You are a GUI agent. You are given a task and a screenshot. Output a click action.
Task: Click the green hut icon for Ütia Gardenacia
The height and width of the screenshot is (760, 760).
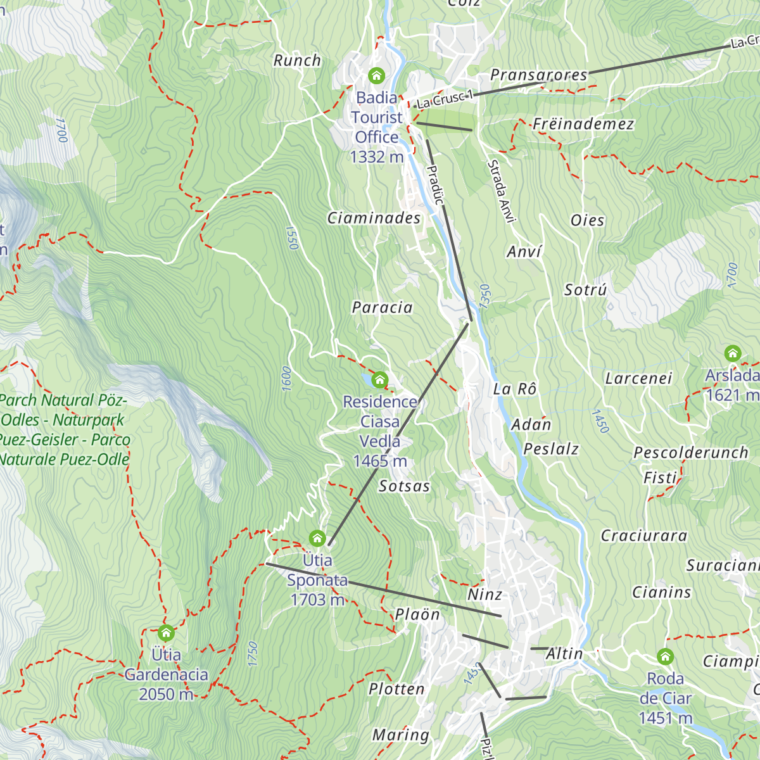pyautogui.click(x=166, y=633)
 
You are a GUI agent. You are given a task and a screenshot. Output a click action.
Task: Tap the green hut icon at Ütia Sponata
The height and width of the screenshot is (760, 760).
pyautogui.click(x=317, y=538)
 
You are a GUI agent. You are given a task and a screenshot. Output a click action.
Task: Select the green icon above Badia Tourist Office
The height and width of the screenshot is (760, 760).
pyautogui.click(x=377, y=76)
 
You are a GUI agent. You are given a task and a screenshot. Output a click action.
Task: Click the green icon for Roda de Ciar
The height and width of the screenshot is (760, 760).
pyautogui.click(x=665, y=656)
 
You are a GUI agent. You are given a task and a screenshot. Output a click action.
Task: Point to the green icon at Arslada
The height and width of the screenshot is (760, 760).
pyautogui.click(x=733, y=353)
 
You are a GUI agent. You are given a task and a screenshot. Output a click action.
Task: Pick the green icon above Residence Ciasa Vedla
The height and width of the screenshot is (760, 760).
pyautogui.click(x=379, y=379)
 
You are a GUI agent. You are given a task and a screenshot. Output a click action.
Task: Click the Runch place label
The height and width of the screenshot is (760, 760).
pyautogui.click(x=297, y=61)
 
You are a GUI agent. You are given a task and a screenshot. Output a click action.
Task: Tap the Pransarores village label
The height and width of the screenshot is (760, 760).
pyautogui.click(x=539, y=75)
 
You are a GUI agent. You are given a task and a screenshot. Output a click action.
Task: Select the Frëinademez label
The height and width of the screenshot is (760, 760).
pyautogui.click(x=583, y=124)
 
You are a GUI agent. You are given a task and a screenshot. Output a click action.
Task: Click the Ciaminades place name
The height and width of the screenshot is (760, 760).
pyautogui.click(x=374, y=218)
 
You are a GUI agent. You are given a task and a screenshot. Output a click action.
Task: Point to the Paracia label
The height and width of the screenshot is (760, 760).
pyautogui.click(x=382, y=308)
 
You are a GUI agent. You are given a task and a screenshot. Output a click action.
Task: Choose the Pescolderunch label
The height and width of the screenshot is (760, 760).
pyautogui.click(x=691, y=453)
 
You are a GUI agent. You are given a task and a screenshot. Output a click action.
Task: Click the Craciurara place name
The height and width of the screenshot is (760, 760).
pyautogui.click(x=643, y=536)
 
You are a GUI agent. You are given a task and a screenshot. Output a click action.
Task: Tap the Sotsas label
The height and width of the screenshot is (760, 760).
pyautogui.click(x=404, y=486)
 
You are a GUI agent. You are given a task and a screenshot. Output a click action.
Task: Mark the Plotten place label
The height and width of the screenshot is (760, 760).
pyautogui.click(x=396, y=689)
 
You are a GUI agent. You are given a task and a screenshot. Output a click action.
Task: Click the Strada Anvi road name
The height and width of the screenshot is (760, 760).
pyautogui.click(x=500, y=191)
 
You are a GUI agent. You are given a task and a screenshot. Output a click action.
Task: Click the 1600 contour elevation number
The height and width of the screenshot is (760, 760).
pyautogui.click(x=286, y=378)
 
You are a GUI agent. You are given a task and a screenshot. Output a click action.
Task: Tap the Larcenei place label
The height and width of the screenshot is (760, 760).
pyautogui.click(x=638, y=379)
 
